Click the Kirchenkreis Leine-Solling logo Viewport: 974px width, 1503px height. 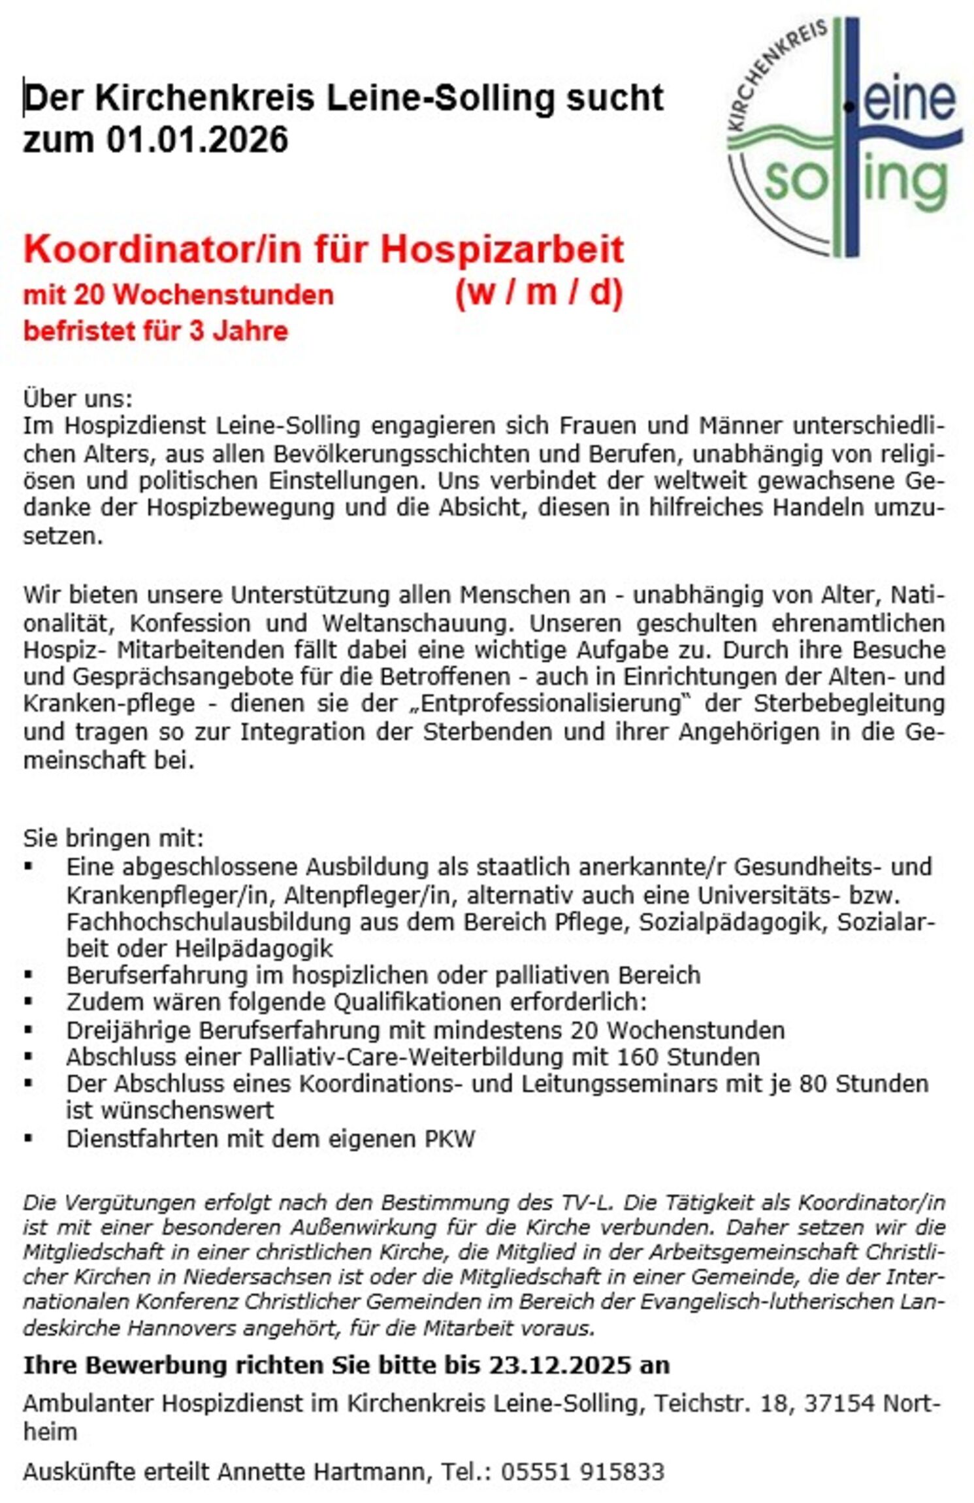843,137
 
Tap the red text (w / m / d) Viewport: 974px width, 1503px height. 538,293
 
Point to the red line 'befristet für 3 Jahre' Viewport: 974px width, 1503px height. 155,331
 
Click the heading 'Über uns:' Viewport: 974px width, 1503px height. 78,398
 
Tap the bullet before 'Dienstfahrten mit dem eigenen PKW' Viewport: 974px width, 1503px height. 28,1139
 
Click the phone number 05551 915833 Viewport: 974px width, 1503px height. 582,1472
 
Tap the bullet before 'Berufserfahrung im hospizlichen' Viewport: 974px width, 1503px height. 28,975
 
